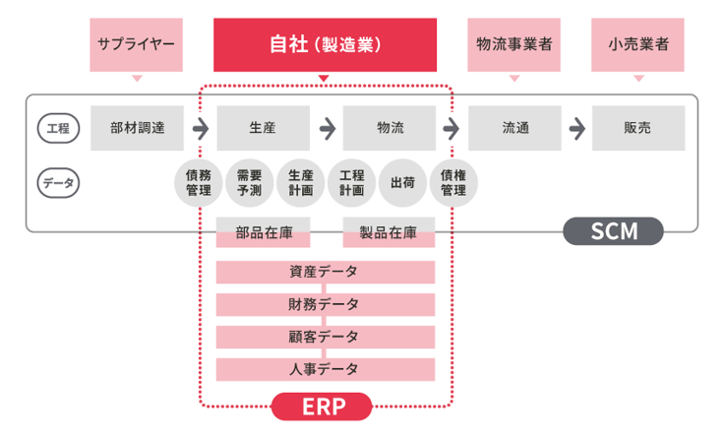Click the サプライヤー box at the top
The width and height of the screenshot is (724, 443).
(x=136, y=44)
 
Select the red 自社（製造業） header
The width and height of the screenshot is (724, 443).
(x=325, y=44)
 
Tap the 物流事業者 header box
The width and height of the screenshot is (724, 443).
(x=513, y=44)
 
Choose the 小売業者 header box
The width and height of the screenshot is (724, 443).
(x=637, y=44)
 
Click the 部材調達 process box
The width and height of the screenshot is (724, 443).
(x=137, y=128)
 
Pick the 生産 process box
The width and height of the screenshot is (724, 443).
(x=263, y=128)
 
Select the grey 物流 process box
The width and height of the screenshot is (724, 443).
(x=389, y=128)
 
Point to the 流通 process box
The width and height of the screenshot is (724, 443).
(x=514, y=128)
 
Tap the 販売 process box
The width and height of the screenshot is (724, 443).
(x=639, y=128)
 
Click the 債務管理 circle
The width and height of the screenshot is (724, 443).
(x=199, y=183)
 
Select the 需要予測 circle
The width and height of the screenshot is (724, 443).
(x=250, y=183)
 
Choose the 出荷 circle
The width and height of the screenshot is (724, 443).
(x=402, y=183)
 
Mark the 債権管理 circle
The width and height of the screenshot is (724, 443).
(x=453, y=183)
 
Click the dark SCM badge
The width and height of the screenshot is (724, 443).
(x=613, y=232)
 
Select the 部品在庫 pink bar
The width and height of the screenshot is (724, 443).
(x=263, y=233)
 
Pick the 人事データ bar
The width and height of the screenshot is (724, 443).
(x=325, y=370)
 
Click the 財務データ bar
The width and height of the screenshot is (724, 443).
(x=325, y=304)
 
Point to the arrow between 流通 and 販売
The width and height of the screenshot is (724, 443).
(x=577, y=128)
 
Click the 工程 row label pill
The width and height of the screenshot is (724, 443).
(x=58, y=128)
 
